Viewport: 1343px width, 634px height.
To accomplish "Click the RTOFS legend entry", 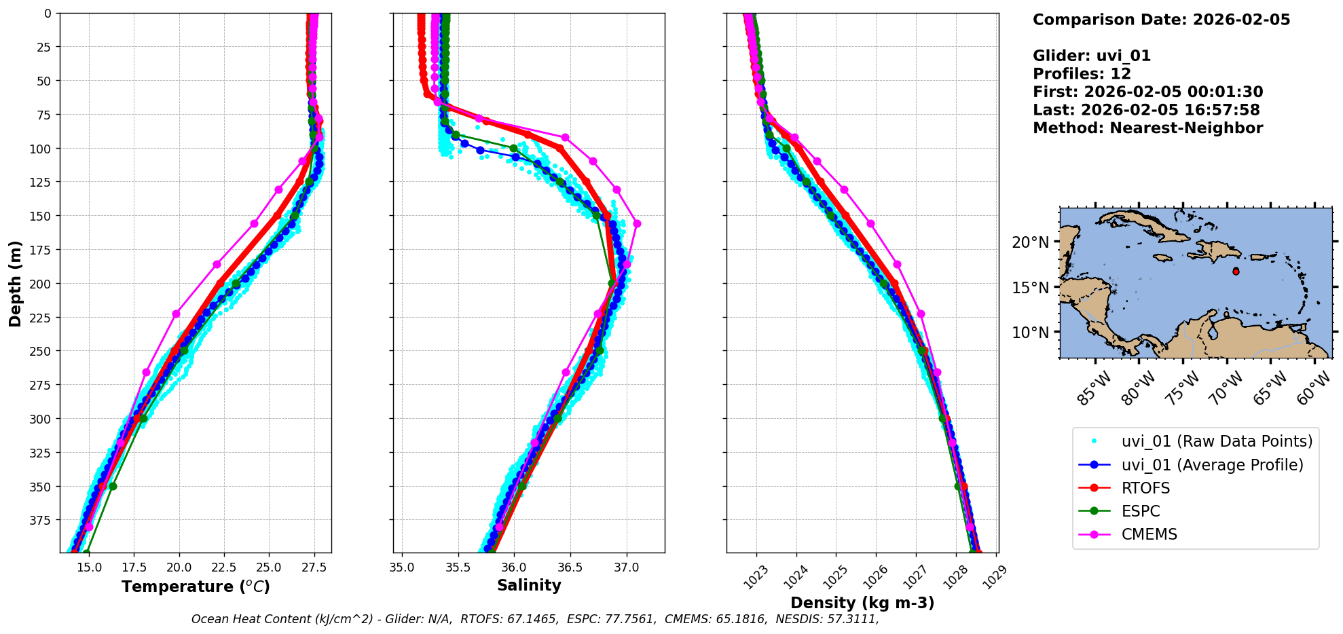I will [x=1145, y=488].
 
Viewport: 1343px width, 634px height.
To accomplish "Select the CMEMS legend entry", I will [x=1149, y=534].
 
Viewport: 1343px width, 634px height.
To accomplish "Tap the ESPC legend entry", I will [x=1141, y=511].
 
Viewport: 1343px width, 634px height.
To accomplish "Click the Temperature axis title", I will [x=196, y=586].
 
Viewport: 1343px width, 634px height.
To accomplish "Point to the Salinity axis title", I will [x=529, y=585].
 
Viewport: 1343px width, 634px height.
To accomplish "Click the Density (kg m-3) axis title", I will [x=862, y=603].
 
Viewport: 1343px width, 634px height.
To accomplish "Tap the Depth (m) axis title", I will [x=15, y=283].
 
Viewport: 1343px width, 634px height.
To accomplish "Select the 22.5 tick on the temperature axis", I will [x=223, y=567].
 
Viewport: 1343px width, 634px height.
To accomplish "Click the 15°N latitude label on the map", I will [x=1030, y=288].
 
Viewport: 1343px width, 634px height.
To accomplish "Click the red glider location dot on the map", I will [x=1236, y=272].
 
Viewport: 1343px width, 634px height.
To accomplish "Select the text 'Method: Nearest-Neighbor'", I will [x=1147, y=128].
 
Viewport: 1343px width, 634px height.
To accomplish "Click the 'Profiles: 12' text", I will [x=1082, y=74].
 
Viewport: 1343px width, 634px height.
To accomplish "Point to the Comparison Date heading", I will [x=1161, y=20].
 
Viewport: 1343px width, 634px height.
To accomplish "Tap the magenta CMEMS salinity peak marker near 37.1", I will [x=637, y=223].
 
